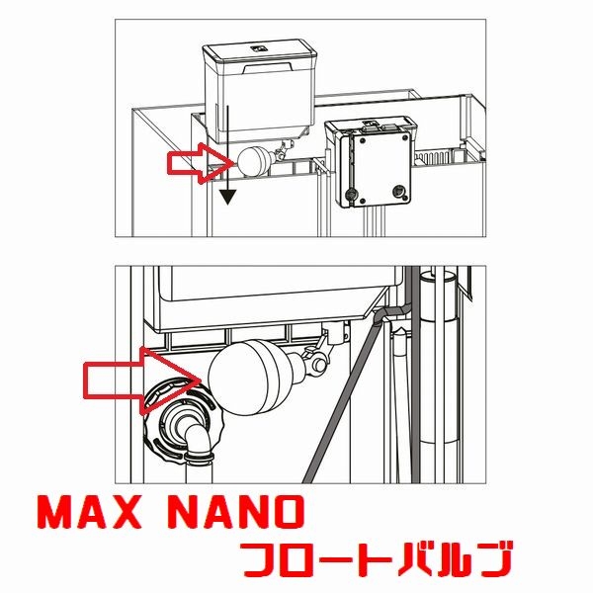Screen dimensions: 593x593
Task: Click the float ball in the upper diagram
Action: [254, 159]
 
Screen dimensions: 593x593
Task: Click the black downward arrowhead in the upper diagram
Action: [229, 196]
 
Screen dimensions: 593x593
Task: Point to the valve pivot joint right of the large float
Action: [315, 362]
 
